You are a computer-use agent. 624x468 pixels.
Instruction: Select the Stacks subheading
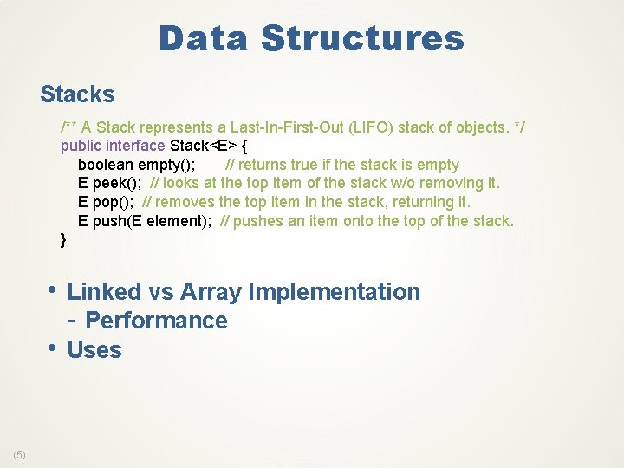pyautogui.click(x=77, y=94)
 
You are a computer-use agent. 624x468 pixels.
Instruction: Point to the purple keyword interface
pyautogui.click(x=135, y=146)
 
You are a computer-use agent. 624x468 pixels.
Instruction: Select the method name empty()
pyautogui.click(x=169, y=165)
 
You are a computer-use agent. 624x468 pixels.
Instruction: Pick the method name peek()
pyautogui.click(x=116, y=183)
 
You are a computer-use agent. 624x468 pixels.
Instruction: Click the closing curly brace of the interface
pyautogui.click(x=63, y=239)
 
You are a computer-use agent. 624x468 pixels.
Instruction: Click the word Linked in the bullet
pyautogui.click(x=104, y=292)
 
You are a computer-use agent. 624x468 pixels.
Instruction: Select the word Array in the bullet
pyautogui.click(x=211, y=292)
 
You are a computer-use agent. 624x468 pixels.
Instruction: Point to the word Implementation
pyautogui.click(x=334, y=292)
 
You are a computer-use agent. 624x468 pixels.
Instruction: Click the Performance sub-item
pyautogui.click(x=156, y=321)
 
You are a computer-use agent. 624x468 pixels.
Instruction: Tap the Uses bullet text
pyautogui.click(x=94, y=350)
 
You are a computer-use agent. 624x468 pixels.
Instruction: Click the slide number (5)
pyautogui.click(x=20, y=454)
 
